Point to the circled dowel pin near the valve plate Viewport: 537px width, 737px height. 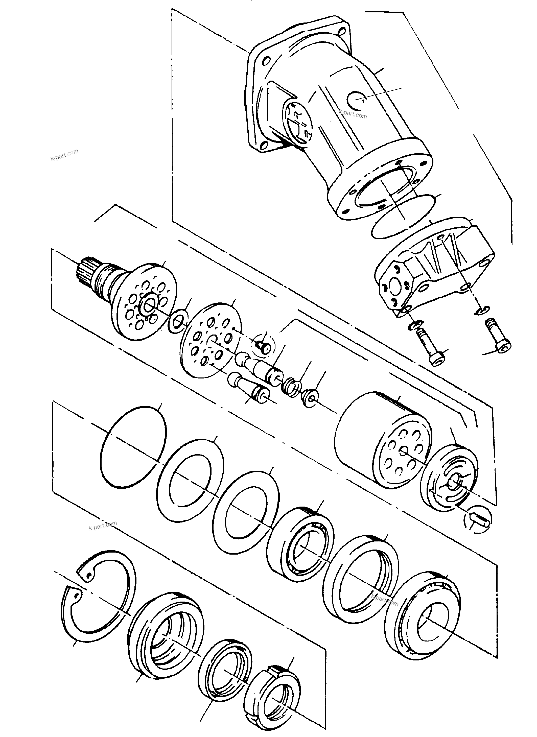477,520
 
